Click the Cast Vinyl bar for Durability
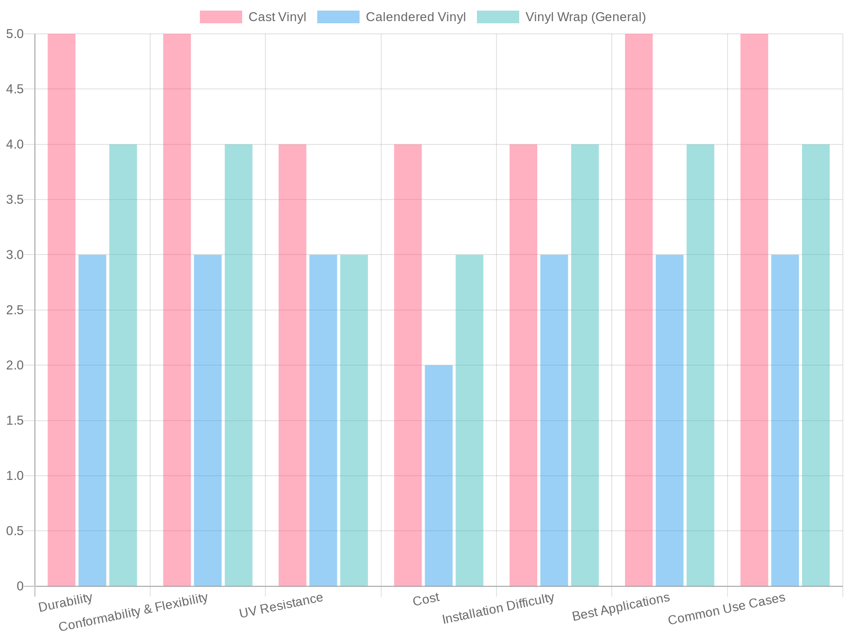tap(61, 310)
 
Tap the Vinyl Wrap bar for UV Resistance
tap(354, 420)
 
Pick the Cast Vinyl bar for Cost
tap(408, 365)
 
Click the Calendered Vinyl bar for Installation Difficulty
tap(554, 420)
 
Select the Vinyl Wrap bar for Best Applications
tap(700, 365)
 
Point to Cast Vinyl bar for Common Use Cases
tap(754, 310)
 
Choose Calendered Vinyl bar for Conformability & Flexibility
tap(208, 420)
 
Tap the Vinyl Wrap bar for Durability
tap(123, 365)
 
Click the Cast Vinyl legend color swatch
tap(220, 17)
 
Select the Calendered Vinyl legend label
tap(416, 17)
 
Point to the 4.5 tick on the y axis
tap(15, 89)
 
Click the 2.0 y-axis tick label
tap(15, 366)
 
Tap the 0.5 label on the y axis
tap(15, 531)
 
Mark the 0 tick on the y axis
tap(20, 586)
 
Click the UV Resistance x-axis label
tap(281, 605)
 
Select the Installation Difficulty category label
tap(498, 609)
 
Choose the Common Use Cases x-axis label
tap(727, 609)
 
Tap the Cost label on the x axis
tap(426, 599)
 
